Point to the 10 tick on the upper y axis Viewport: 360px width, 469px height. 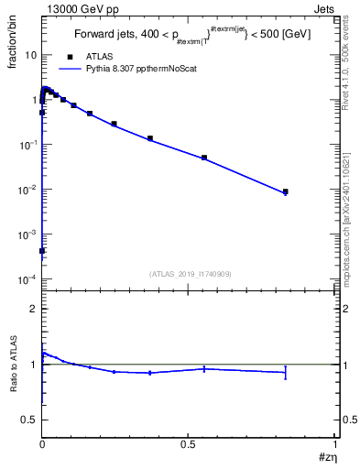tap(31, 55)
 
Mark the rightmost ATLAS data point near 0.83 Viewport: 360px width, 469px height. tap(286, 191)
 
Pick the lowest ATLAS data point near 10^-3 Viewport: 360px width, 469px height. tap(43, 250)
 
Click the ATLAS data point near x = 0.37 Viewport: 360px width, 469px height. tap(150, 138)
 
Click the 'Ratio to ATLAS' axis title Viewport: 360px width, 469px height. tap(16, 364)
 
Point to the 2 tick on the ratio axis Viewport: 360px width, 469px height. tap(34, 309)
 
